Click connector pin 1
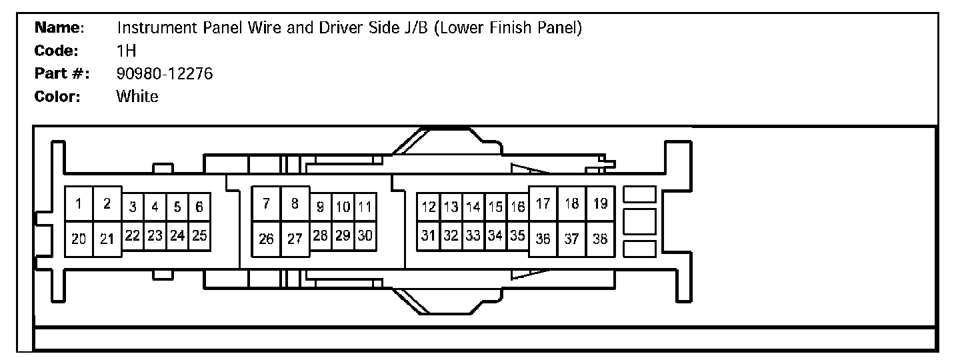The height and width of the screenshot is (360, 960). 79,205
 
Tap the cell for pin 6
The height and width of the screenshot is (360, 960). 199,207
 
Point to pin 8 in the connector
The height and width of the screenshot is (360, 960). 294,204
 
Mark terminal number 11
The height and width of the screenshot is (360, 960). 364,207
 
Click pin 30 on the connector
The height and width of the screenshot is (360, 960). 364,235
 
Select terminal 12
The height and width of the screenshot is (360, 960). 429,207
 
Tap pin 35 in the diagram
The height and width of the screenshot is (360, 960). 517,235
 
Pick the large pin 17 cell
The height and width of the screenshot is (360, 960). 543,204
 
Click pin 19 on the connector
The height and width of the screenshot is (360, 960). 600,204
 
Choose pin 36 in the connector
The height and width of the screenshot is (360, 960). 543,239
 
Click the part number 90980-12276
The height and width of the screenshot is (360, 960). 164,73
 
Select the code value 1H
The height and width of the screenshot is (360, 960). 126,51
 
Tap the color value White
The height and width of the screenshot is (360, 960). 137,96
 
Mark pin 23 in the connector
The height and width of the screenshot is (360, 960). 155,235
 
